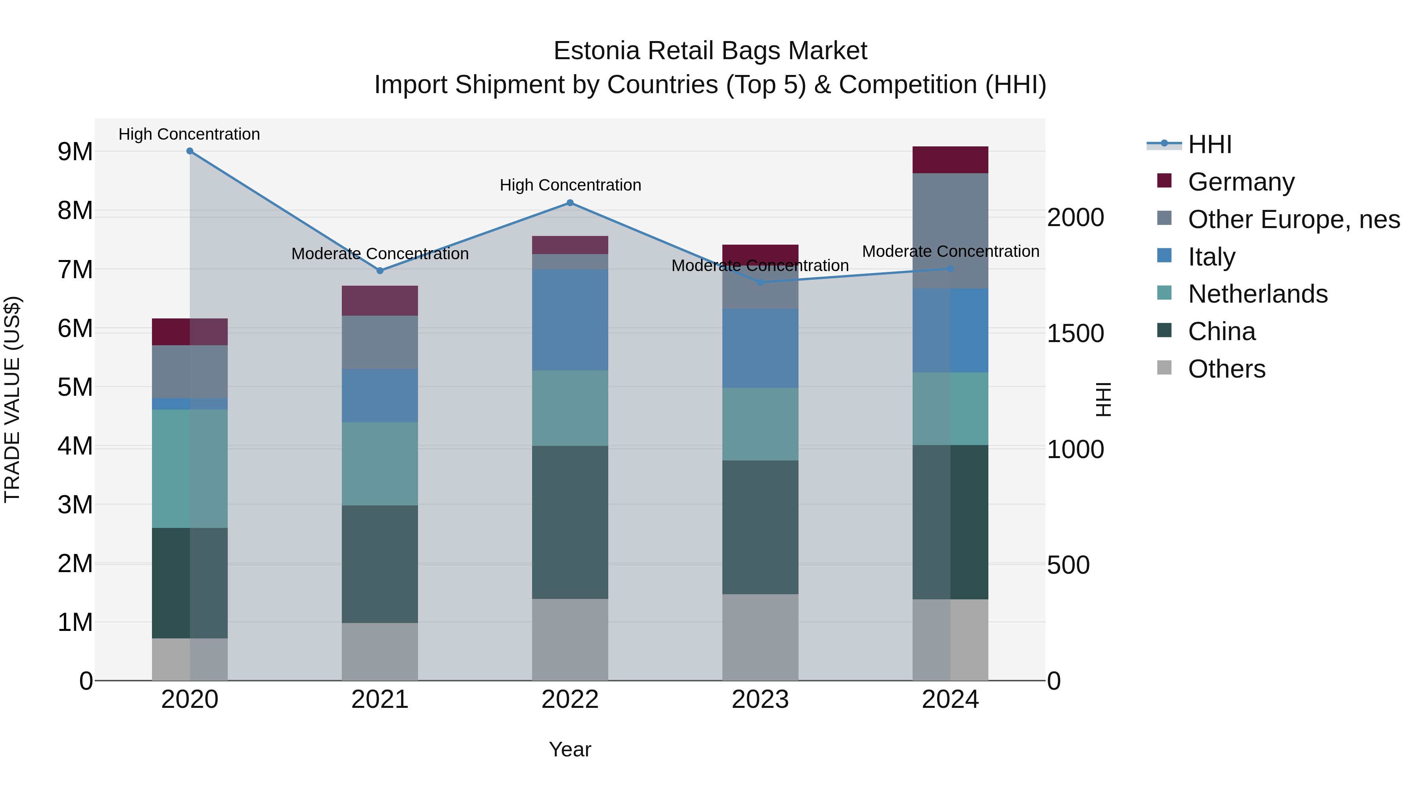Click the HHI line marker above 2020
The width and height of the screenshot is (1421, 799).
pos(190,151)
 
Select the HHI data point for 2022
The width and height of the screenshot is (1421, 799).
pos(570,203)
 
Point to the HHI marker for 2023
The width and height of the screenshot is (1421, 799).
pos(760,283)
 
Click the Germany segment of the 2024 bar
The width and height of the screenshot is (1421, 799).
pos(950,160)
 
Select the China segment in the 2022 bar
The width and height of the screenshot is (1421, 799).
pos(570,522)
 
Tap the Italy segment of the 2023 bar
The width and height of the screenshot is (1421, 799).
pos(760,348)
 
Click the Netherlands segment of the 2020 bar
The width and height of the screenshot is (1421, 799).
pos(190,469)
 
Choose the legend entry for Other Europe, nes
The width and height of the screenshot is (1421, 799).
pos(1294,219)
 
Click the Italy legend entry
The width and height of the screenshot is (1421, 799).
pos(1211,257)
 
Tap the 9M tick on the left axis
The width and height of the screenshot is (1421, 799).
pos(75,152)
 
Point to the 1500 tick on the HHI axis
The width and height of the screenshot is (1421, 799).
pos(1075,333)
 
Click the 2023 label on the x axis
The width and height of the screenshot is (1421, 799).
pos(760,700)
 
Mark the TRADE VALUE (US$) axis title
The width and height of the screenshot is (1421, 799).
pos(12,399)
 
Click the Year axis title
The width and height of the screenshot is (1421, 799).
pos(570,749)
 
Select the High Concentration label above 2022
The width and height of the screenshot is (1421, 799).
pos(570,185)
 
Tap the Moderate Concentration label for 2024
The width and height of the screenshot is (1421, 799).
pos(950,251)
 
